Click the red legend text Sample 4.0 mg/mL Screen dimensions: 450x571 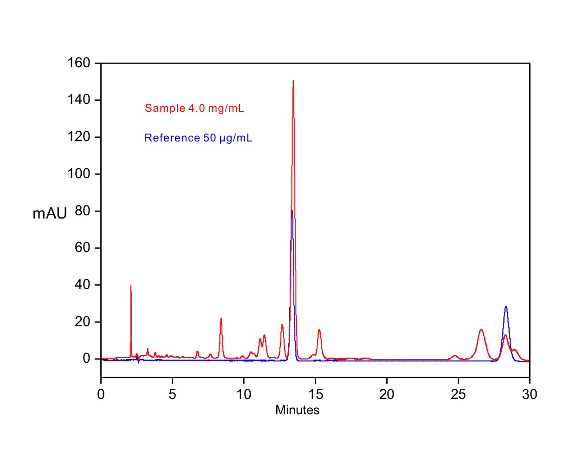[195, 109]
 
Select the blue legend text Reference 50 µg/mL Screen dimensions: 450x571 [198, 138]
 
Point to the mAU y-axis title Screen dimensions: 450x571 [50, 213]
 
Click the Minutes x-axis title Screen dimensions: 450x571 [297, 410]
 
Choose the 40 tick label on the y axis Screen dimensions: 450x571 [84, 285]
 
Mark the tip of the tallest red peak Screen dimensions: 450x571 [293, 81]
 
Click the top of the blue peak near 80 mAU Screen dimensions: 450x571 [292, 210]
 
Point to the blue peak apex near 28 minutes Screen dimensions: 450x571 [506, 306]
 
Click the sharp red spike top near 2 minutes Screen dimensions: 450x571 [131, 286]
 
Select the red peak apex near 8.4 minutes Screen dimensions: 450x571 [221, 318]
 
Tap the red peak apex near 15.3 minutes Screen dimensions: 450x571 [319, 329]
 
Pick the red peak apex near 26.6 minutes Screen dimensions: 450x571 [481, 329]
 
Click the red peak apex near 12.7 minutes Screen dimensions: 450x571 [282, 325]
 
